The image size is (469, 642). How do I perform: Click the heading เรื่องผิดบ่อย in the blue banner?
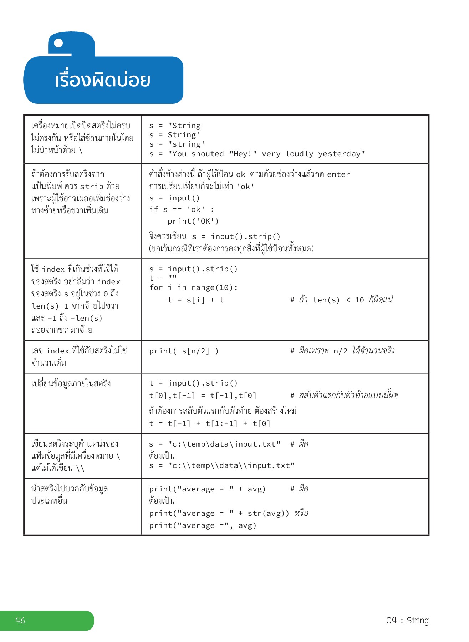coord(102,80)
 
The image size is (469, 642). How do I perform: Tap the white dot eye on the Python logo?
coord(58,43)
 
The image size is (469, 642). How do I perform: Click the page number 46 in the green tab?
coord(20,620)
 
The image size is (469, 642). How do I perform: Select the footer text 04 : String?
coord(407,620)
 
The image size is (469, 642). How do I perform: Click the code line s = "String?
coord(175,126)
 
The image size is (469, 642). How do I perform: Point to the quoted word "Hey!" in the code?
coord(243,154)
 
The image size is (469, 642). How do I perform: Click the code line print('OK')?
coord(193,221)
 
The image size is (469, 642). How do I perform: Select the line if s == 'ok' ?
coord(182,209)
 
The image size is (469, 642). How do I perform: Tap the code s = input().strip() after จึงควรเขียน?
coord(236,236)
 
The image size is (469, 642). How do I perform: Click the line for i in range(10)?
coord(193,287)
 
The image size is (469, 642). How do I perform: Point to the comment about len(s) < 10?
coord(341,300)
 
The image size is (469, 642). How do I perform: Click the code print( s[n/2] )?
coord(184,351)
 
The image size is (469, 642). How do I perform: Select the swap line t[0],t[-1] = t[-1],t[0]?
coord(203,395)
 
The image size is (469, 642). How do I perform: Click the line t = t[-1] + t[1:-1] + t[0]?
coord(210,423)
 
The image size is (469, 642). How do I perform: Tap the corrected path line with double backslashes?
coord(221,465)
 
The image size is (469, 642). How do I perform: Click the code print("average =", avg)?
coord(203,525)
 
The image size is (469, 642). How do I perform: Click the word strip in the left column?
coord(91,187)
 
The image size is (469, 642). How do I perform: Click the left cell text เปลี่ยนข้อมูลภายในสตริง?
coord(71,383)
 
